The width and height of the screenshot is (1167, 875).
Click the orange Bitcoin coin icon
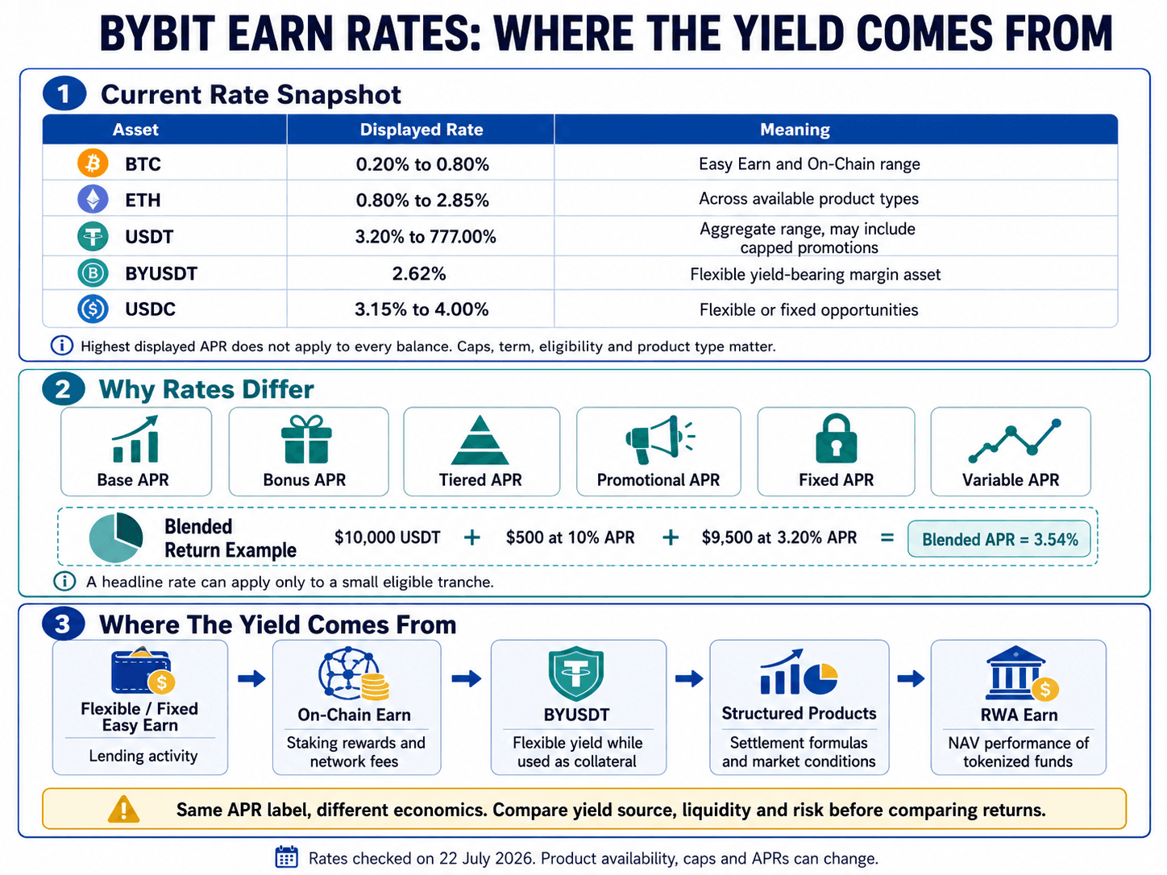93,163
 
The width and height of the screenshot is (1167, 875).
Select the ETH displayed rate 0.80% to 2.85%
422,201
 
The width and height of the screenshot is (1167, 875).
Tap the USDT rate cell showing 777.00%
426,236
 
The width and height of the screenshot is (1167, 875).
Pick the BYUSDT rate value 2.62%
419,274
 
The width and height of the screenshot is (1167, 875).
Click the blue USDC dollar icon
93,309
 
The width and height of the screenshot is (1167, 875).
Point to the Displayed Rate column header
421,130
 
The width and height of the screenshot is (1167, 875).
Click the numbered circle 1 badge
64,94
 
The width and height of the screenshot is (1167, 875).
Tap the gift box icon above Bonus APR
306,439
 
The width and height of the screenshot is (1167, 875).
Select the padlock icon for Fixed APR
836,438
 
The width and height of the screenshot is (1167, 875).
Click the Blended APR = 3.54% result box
999,539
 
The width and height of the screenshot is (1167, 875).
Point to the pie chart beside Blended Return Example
116,537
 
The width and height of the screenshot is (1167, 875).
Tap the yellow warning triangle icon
123,809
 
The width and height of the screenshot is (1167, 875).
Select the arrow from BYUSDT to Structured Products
688,678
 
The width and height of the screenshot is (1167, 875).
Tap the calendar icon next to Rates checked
286,857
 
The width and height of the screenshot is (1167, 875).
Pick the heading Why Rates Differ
206,389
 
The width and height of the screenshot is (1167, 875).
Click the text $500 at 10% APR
570,537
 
